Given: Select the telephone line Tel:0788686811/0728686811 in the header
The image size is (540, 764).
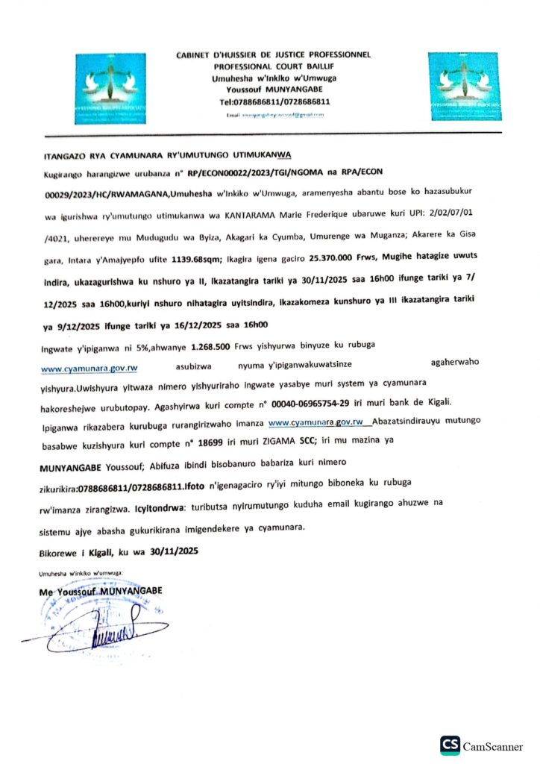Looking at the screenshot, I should coord(274,101).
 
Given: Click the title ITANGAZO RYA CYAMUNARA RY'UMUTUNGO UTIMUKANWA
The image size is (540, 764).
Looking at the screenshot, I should coord(165,156).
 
